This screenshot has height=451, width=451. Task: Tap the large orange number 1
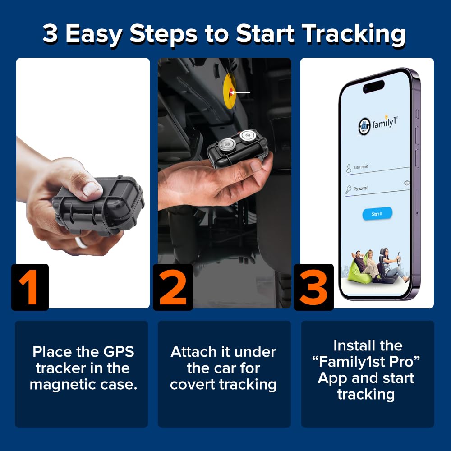tap(30, 287)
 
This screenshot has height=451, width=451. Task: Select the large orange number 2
tap(173, 287)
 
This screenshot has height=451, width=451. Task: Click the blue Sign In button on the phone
tap(377, 214)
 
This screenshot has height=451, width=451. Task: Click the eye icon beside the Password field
tap(406, 183)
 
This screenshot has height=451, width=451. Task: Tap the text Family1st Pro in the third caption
tap(368, 362)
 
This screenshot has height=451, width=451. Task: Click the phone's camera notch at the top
tap(373, 86)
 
